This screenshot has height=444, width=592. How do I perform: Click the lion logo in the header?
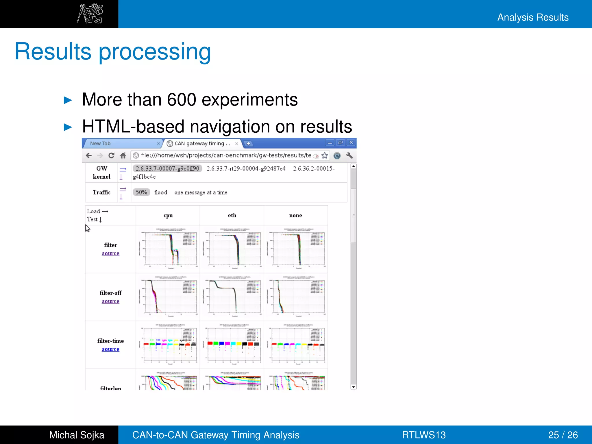pos(90,14)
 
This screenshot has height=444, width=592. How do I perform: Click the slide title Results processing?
pos(113,51)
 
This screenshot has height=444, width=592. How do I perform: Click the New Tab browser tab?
pos(100,143)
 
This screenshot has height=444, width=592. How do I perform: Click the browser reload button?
pos(111,156)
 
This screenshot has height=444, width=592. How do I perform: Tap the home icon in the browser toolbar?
pos(123,156)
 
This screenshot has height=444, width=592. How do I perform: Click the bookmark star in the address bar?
pos(325,156)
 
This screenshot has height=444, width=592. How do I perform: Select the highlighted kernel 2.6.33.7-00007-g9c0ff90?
pos(167,169)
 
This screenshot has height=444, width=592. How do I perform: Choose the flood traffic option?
pos(161,193)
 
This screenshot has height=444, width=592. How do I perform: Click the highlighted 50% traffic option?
pos(141,193)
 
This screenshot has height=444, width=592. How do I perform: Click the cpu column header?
pos(168,215)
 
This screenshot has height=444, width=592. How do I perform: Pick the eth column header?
pos(232,215)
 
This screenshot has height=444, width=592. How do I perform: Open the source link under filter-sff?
pos(110,301)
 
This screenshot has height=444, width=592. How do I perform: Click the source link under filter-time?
pos(110,349)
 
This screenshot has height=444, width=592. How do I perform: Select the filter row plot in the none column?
pos(296,249)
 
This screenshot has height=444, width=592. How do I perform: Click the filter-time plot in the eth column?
pos(232,345)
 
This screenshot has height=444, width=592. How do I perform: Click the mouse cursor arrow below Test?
pos(88,228)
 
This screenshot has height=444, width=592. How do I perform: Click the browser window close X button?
pos(351,143)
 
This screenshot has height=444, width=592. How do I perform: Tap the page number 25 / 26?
pos(563,435)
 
